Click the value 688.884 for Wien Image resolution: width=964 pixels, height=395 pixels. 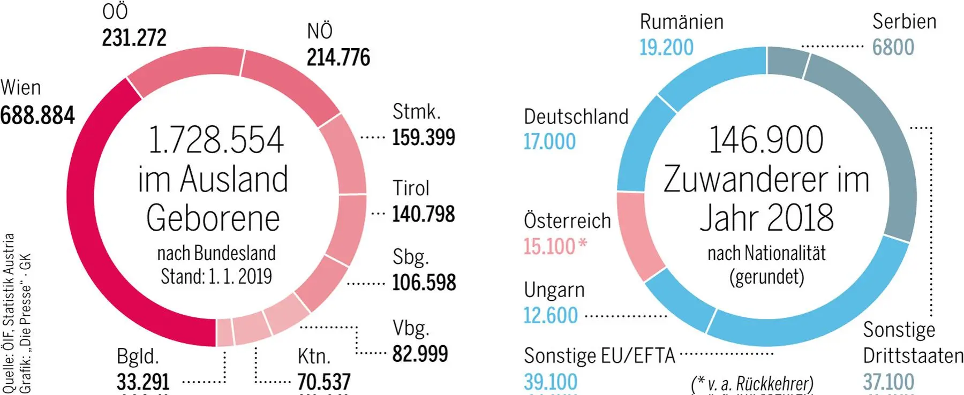[37, 116]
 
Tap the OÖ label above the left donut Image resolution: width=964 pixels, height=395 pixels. [115, 12]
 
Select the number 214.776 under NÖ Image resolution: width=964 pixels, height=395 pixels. [338, 58]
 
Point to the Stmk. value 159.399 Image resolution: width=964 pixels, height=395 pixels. [423, 138]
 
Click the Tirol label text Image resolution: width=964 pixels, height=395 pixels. [411, 188]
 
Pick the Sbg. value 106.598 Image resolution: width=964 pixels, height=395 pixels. [424, 283]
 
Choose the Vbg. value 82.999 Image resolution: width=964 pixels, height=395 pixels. [420, 354]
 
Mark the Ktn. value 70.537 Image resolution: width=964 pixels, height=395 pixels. [323, 382]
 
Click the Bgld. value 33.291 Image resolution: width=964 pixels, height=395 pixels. [143, 382]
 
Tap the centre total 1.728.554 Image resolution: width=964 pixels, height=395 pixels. [215, 140]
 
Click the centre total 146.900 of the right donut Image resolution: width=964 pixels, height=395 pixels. [766, 140]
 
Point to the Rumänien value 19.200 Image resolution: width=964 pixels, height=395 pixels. [666, 48]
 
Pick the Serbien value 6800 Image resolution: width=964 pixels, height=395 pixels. [893, 48]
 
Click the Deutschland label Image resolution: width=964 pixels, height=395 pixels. [576, 117]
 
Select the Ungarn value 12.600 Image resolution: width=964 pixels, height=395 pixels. [551, 316]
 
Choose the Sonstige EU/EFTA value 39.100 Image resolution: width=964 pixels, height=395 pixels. [551, 382]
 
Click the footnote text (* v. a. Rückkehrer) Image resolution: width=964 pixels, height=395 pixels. [752, 384]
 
